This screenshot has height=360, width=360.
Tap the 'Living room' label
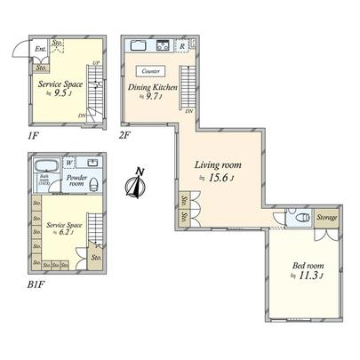pyautogui.click(x=218, y=164)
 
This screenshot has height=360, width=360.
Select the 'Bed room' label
pyautogui.click(x=308, y=265)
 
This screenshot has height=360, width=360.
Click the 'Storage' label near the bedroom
pyautogui.click(x=325, y=216)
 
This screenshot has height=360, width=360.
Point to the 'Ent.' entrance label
pyautogui.click(x=40, y=50)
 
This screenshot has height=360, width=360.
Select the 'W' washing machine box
pyautogui.click(x=69, y=163)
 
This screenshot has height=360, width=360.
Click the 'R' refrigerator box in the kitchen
pyautogui.click(x=182, y=45)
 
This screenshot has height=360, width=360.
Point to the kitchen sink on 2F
pyautogui.click(x=140, y=45)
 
